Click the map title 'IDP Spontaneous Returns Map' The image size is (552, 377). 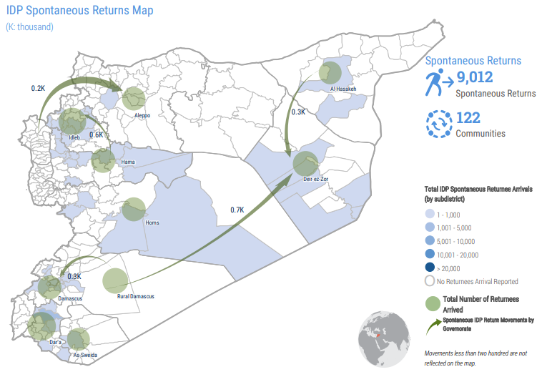point(79,11)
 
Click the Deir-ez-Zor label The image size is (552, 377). point(315,179)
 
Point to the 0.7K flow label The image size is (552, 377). point(237,210)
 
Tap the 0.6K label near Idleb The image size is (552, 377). point(97,134)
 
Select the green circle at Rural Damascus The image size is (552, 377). point(115,280)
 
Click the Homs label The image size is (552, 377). point(152,222)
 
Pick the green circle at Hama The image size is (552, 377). point(103,160)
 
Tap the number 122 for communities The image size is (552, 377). point(469,118)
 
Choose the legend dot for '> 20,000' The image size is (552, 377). point(430,268)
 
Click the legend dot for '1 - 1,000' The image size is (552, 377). point(430,214)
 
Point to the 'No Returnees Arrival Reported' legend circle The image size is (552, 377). point(430,281)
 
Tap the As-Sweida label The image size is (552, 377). point(84,355)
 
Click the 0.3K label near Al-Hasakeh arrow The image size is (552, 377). point(299,112)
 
